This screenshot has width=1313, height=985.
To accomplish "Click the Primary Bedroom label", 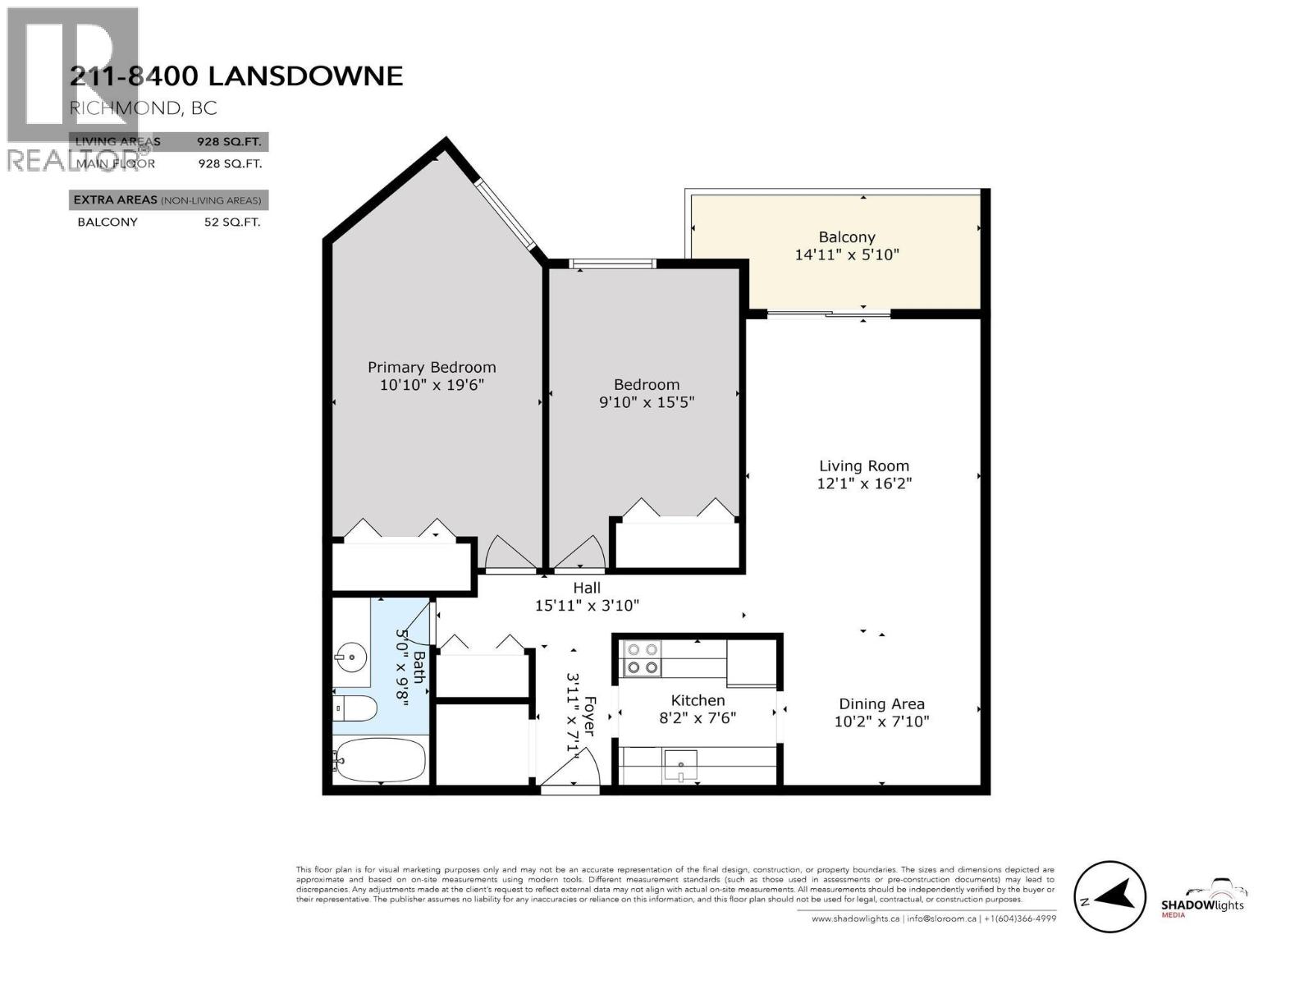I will coord(432,367).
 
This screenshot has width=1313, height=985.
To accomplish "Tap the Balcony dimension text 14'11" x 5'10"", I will coord(847,254).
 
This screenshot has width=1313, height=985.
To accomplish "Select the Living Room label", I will coord(864,465).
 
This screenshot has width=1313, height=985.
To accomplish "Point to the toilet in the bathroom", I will coord(354,708).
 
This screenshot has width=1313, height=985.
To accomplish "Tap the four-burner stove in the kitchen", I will coord(642,658).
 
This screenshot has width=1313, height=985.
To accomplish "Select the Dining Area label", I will coord(881,703).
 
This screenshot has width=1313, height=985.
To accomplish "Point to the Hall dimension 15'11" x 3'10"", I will coord(587,606).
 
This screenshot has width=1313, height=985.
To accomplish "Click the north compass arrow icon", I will coord(1109,897).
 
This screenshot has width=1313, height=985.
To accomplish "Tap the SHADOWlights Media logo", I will coord(1203,900).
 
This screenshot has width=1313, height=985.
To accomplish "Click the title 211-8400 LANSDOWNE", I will coord(236,76).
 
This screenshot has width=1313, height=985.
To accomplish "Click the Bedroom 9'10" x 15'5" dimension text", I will coord(647,402).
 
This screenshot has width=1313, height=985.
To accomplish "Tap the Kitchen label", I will coord(698,700).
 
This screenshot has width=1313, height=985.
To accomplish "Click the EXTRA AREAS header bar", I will coord(168,200).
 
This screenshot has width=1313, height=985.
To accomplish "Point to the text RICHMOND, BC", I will coord(144,108).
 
